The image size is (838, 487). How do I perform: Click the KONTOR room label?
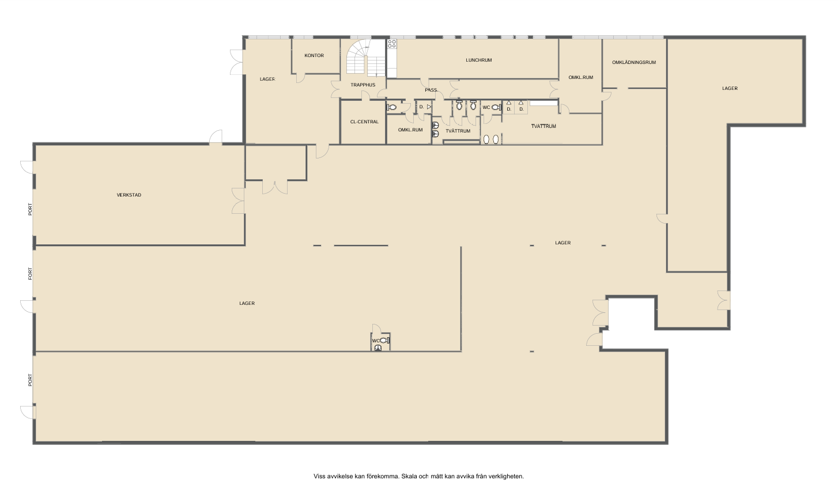click(314, 55)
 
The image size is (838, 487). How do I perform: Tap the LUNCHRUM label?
click(478, 60)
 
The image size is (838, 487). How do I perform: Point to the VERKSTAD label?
click(129, 195)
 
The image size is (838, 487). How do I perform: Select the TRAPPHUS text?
click(363, 85)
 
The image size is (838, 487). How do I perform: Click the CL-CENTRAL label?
click(364, 122)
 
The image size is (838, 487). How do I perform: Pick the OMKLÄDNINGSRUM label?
click(634, 62)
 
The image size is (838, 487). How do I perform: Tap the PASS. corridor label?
click(431, 90)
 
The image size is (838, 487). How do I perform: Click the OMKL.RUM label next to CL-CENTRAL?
click(410, 130)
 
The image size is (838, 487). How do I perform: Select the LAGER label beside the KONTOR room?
click(267, 79)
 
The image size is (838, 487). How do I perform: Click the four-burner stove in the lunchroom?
click(392, 44)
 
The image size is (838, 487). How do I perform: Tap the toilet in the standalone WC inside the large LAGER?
click(384, 341)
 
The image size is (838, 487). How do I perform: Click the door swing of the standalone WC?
click(376, 329)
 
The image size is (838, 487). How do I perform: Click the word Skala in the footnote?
click(408, 476)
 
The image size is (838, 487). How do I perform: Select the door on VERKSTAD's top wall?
click(216, 137)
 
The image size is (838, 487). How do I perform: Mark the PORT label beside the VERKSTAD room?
click(31, 209)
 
